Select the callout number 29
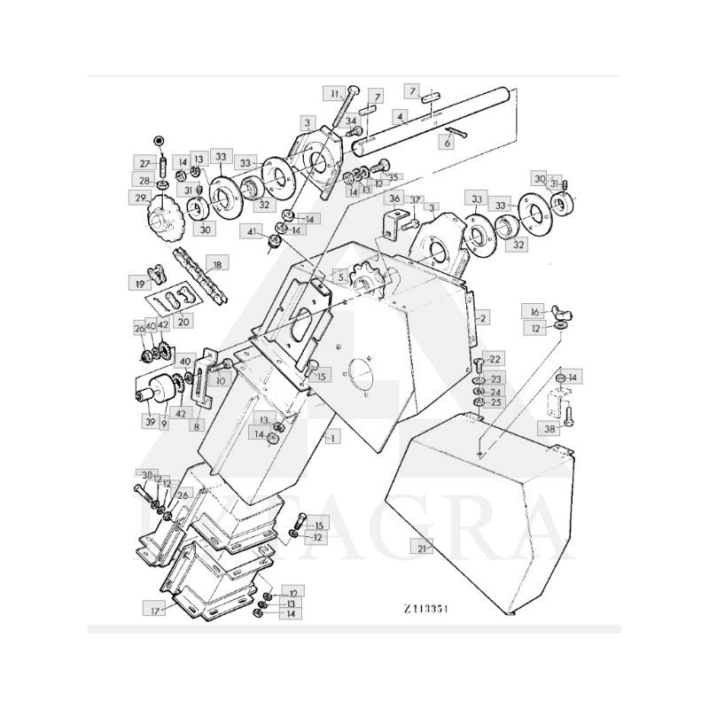pyautogui.click(x=140, y=198)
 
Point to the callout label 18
pyautogui.click(x=215, y=263)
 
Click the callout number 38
pyautogui.click(x=549, y=427)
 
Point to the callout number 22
pyautogui.click(x=495, y=359)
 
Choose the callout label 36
pyautogui.click(x=395, y=199)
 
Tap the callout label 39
pyautogui.click(x=150, y=423)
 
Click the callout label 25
pyautogui.click(x=495, y=402)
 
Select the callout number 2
pyautogui.click(x=484, y=316)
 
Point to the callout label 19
pyautogui.click(x=140, y=284)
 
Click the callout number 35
pyautogui.click(x=395, y=176)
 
